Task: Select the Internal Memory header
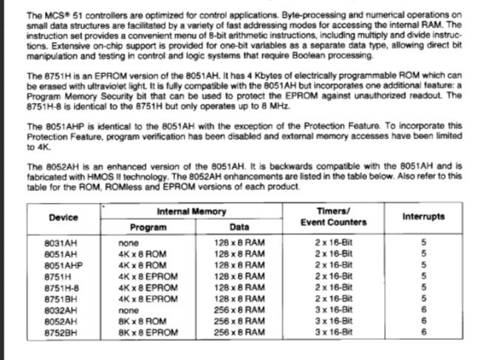(191, 211)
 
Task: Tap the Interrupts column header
(423, 217)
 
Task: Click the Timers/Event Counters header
(332, 217)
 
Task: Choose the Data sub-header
(239, 228)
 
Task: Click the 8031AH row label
(61, 242)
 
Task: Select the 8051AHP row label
(63, 265)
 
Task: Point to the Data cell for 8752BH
(239, 333)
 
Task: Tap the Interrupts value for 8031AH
(423, 242)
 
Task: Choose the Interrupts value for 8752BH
(423, 333)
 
